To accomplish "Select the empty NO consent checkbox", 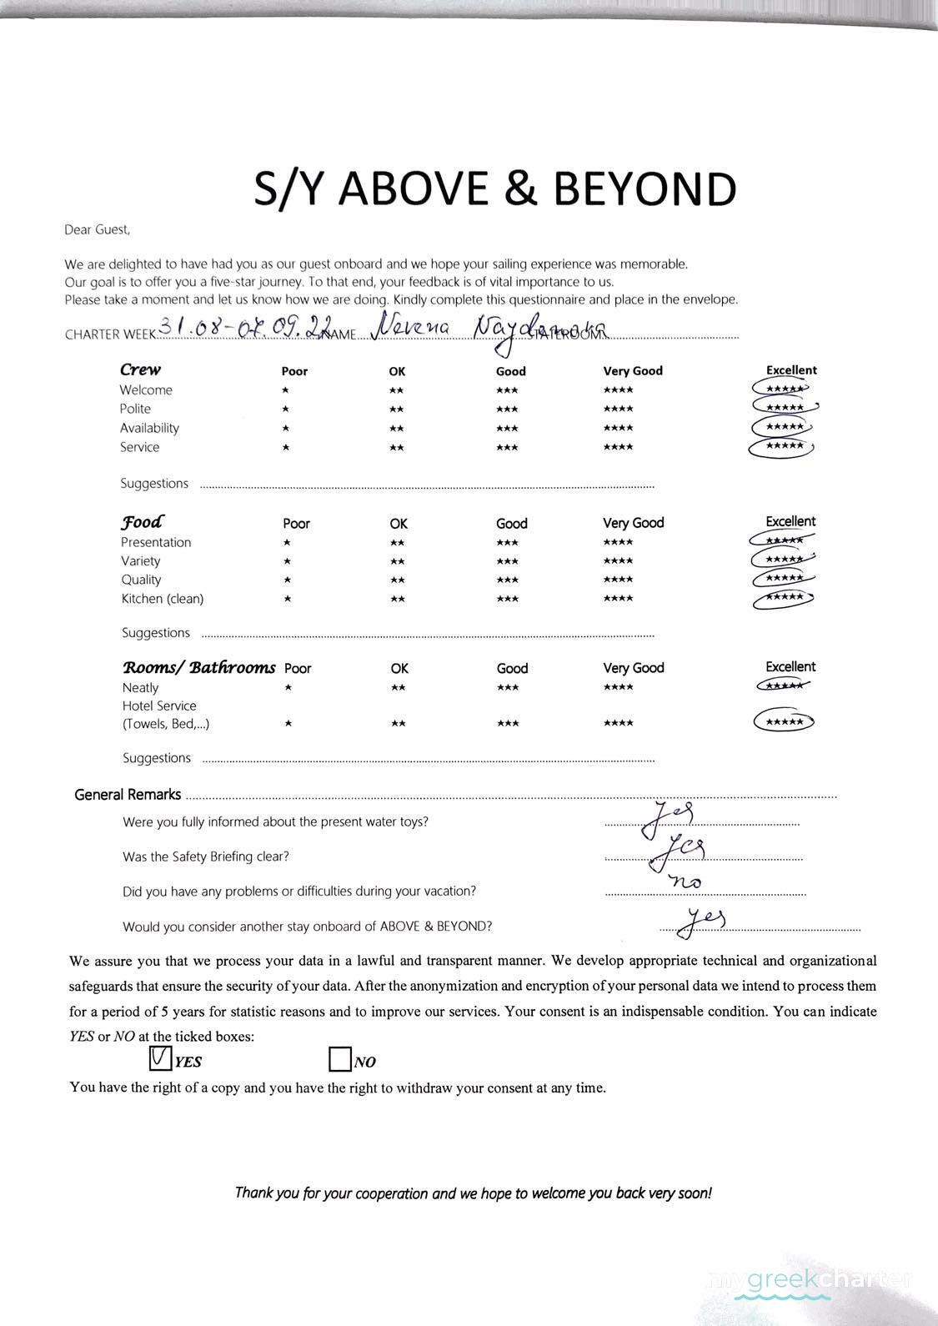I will click(x=339, y=1060).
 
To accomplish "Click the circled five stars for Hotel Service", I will click(x=784, y=722).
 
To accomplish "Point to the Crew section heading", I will click(x=140, y=369).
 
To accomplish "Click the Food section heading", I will click(x=143, y=522).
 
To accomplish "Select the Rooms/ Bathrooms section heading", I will click(x=199, y=667).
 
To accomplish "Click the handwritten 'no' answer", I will click(x=685, y=881).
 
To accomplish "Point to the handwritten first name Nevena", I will click(x=410, y=328).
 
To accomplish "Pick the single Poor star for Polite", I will click(x=286, y=409).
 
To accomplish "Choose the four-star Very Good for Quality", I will click(x=618, y=580).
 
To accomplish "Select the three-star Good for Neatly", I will click(x=507, y=687).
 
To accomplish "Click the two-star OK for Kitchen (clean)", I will click(x=398, y=599).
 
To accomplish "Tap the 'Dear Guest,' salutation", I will click(x=98, y=229).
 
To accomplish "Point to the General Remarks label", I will click(x=128, y=795).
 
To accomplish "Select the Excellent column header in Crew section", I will click(x=791, y=370).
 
